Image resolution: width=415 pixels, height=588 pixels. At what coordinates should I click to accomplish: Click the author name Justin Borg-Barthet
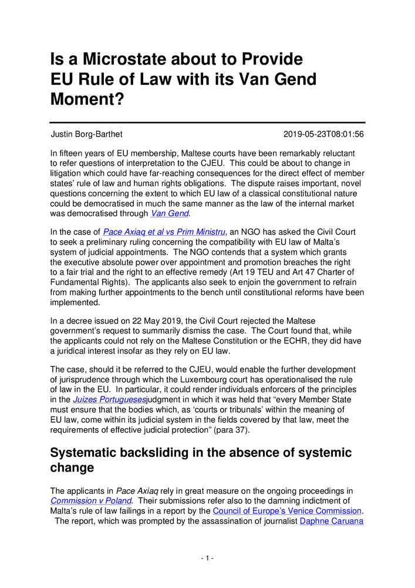pyautogui.click(x=87, y=134)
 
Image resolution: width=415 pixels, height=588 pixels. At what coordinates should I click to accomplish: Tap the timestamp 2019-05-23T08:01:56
pyautogui.click(x=323, y=134)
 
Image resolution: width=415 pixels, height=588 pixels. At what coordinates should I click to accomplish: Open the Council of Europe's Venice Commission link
pyautogui.click(x=287, y=510)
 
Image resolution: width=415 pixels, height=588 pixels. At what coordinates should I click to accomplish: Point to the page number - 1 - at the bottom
pyautogui.click(x=207, y=557)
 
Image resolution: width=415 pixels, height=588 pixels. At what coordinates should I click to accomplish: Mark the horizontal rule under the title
pyautogui.click(x=207, y=122)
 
